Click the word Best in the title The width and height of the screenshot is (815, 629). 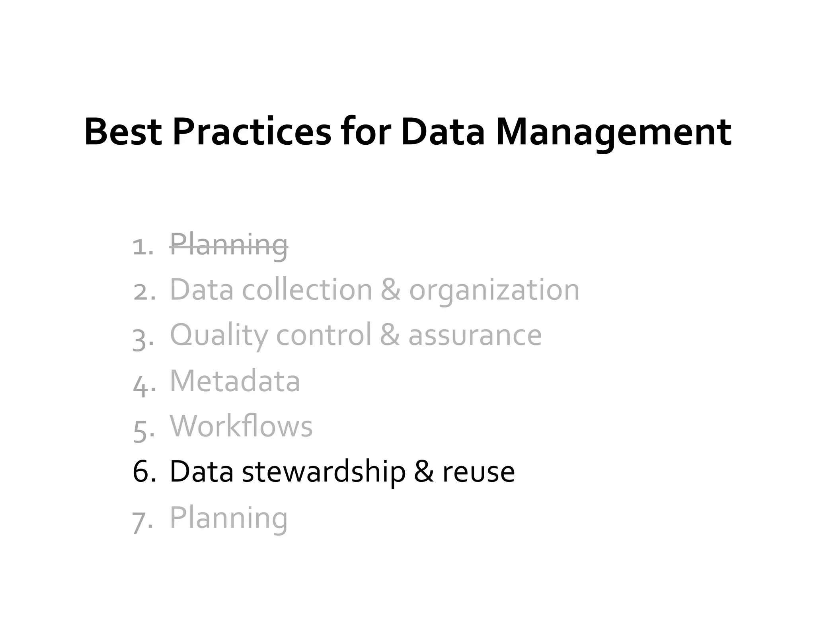point(123,132)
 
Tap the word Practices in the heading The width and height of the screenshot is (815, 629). point(252,132)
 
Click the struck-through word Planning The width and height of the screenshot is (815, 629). point(228,245)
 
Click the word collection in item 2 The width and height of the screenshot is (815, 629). point(307,290)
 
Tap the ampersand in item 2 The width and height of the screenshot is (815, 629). point(390,290)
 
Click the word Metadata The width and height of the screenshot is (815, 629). point(235,381)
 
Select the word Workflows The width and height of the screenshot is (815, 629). point(241,426)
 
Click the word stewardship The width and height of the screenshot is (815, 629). point(324,472)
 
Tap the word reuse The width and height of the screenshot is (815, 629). point(478,472)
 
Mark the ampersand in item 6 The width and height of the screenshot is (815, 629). point(424,472)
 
